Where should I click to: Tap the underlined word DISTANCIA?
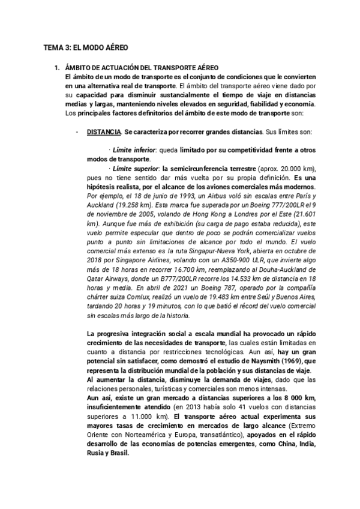coord(104,131)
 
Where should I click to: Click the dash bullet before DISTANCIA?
coord(77,131)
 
